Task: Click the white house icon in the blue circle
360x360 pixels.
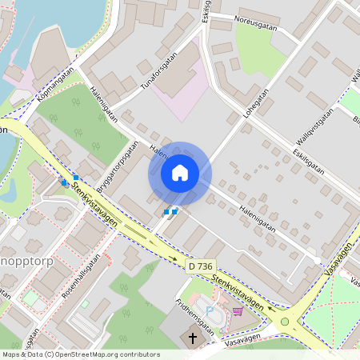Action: [x=180, y=173]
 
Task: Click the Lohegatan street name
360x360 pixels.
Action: [x=258, y=113]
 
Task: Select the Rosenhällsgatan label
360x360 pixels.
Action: [x=82, y=277]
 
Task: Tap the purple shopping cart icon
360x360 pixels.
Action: [x=238, y=310]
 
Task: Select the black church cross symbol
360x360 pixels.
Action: [x=192, y=338]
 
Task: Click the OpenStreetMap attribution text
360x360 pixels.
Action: [x=80, y=354]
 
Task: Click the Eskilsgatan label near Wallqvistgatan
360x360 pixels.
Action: [x=308, y=158]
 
